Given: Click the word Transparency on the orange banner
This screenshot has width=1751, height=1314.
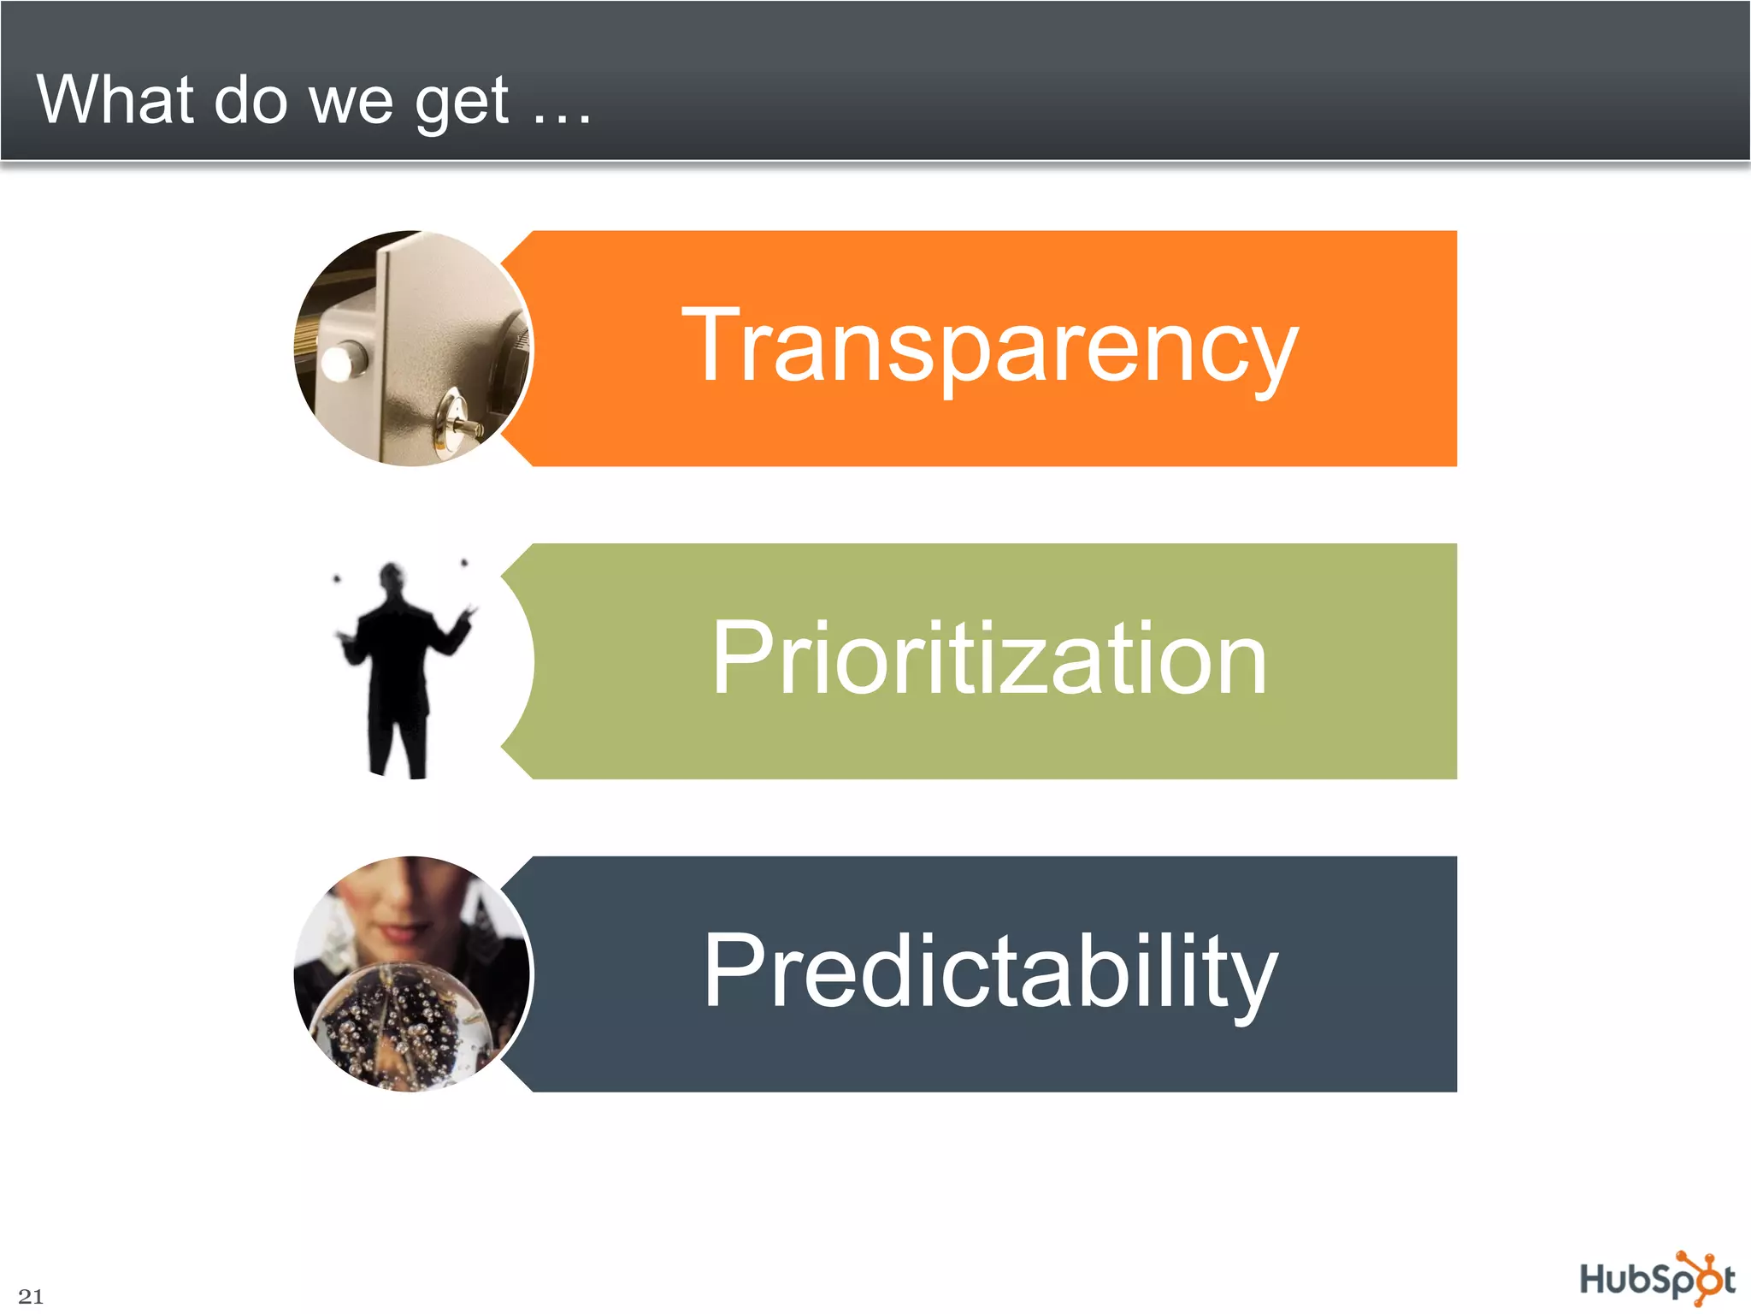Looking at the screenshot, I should pyautogui.click(x=989, y=346).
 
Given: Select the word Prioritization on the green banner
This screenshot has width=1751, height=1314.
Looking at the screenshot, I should pyautogui.click(x=989, y=659).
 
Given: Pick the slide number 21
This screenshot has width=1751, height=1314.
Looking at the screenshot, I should pyautogui.click(x=31, y=1295).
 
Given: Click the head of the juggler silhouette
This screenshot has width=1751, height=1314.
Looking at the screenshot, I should pyautogui.click(x=392, y=577).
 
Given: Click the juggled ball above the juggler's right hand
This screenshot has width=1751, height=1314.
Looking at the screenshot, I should pyautogui.click(x=464, y=563).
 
